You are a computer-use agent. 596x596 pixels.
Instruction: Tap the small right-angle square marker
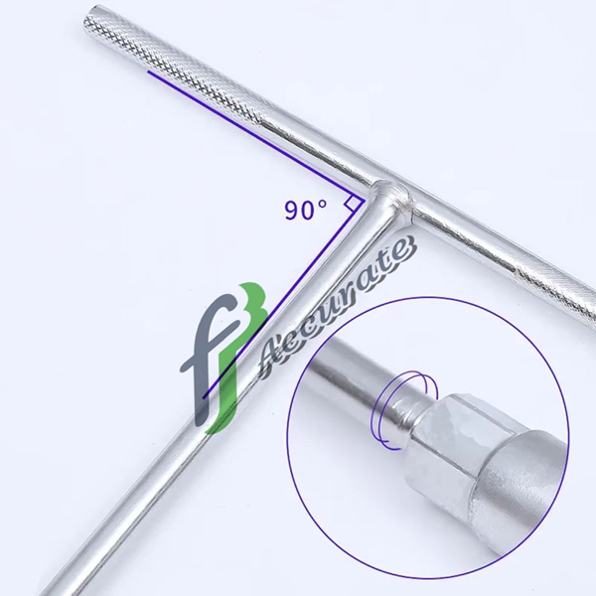pyautogui.click(x=352, y=203)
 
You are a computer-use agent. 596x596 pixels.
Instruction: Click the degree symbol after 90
pyautogui.click(x=322, y=204)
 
